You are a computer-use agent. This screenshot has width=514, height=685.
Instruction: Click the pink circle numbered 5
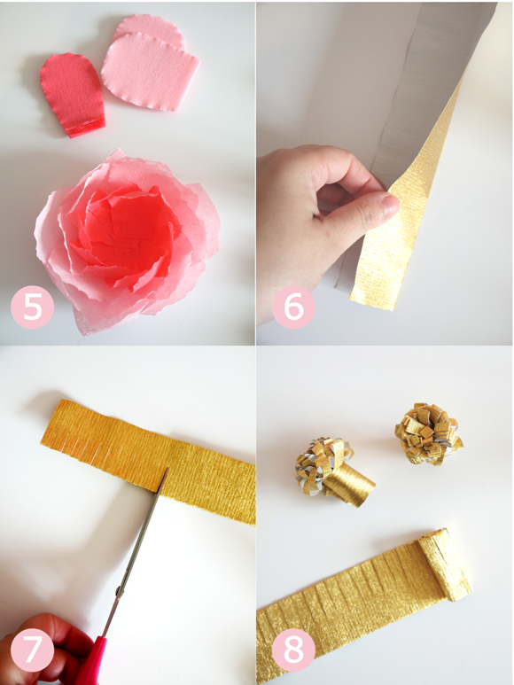(32, 307)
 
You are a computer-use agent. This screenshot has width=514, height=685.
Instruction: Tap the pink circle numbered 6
(293, 307)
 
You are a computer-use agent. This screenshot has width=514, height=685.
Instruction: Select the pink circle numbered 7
(32, 650)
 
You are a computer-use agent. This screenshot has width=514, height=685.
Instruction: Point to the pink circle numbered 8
(293, 650)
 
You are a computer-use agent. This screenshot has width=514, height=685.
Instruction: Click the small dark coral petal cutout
(73, 94)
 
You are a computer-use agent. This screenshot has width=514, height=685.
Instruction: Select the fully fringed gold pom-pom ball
(429, 433)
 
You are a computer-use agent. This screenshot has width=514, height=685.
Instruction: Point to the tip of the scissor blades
(167, 468)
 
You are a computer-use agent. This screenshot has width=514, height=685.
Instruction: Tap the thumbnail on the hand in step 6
(390, 205)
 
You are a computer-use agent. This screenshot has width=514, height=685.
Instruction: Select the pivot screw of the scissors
(119, 592)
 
